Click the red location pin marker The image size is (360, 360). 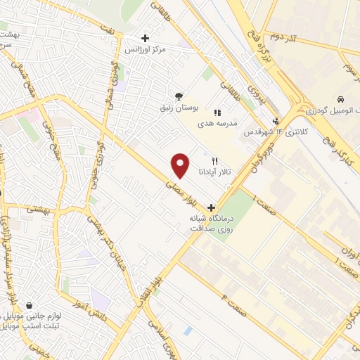[x=181, y=165]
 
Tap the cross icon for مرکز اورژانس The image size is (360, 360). [x=145, y=38]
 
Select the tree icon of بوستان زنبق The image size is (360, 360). [x=180, y=96]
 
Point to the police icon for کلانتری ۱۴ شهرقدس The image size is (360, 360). [x=276, y=120]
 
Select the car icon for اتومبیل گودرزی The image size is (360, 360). [x=340, y=100]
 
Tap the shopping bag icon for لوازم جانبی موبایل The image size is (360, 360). [x=30, y=306]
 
